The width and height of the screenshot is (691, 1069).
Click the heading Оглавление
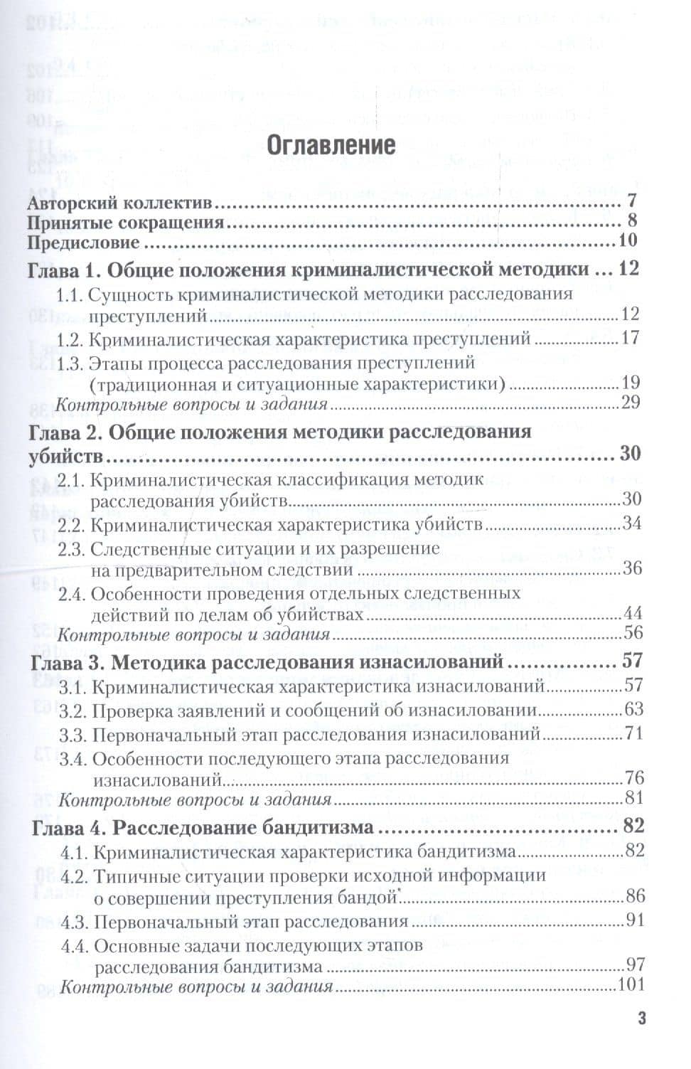330,144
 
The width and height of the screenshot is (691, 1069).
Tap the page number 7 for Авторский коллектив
631,201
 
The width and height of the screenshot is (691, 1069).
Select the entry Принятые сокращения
126,222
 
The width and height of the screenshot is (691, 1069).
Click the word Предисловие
83,242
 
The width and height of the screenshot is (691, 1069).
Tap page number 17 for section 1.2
631,338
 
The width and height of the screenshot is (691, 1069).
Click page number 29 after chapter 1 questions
631,403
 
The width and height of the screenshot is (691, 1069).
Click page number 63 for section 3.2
633,709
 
